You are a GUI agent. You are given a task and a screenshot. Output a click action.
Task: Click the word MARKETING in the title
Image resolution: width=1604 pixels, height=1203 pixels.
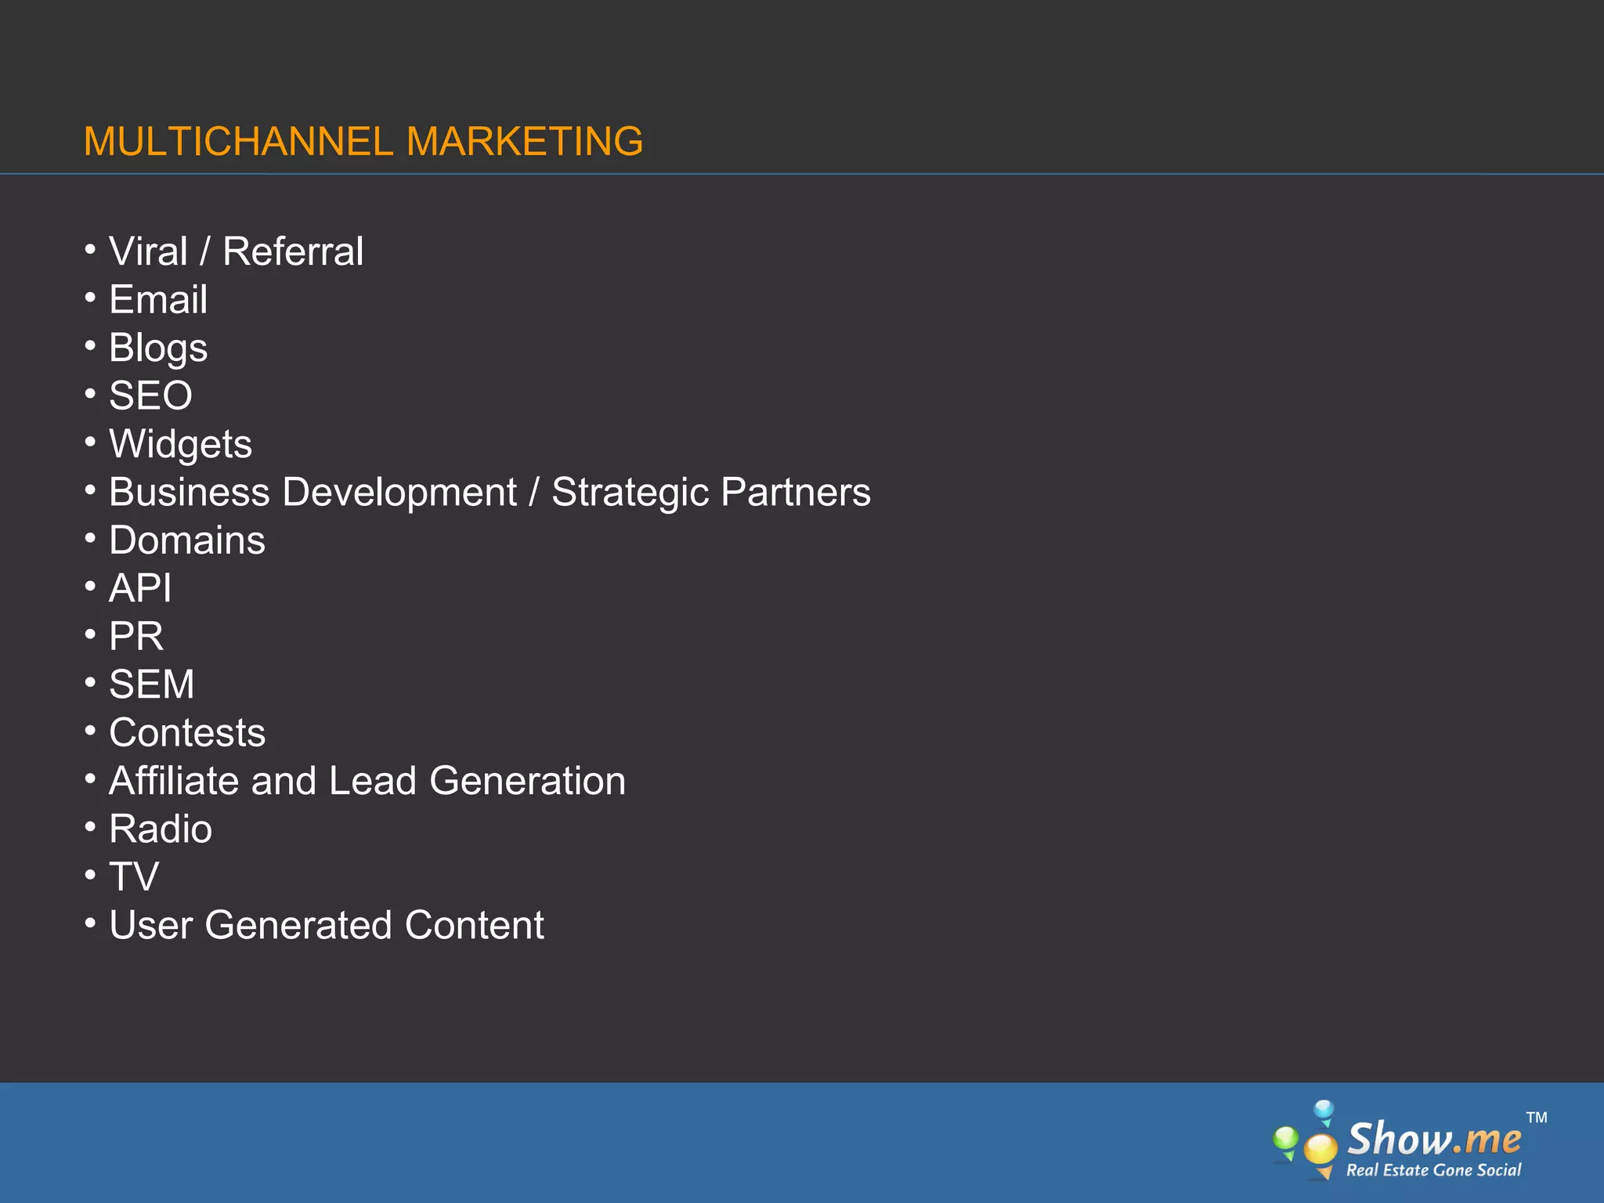(x=525, y=142)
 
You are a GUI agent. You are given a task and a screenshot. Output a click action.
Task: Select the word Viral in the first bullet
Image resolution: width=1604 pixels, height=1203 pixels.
(x=148, y=251)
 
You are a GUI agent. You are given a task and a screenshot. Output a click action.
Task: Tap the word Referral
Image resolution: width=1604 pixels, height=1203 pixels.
(x=293, y=251)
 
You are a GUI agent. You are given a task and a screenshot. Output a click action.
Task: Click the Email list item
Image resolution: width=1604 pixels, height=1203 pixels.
(x=158, y=300)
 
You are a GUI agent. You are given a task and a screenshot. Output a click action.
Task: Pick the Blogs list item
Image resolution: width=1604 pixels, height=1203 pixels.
(x=158, y=349)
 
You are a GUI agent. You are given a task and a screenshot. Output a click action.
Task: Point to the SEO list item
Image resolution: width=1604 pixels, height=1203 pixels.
(x=150, y=396)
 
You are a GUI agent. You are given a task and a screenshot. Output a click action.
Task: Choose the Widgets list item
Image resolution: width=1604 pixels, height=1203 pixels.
(x=180, y=445)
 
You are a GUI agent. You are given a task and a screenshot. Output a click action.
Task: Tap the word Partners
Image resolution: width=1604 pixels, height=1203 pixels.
(x=795, y=493)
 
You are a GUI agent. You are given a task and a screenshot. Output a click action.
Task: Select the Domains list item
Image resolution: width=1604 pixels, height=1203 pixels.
(x=187, y=540)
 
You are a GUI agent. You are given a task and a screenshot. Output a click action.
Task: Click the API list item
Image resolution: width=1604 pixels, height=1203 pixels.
(x=140, y=588)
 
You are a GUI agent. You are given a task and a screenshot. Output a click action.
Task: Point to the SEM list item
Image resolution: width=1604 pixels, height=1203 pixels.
(x=151, y=685)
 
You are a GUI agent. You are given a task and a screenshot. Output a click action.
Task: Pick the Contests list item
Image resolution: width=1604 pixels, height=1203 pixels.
(x=187, y=733)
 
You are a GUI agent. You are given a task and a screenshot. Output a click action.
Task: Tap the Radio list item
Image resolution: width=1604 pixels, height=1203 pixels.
(x=161, y=829)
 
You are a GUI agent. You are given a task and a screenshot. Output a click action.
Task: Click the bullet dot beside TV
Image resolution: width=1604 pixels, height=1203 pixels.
(x=91, y=874)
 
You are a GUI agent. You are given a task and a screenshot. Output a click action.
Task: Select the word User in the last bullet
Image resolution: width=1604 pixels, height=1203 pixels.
(x=150, y=925)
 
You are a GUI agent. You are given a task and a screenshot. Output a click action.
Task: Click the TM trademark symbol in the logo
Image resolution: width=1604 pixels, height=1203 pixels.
(x=1537, y=1118)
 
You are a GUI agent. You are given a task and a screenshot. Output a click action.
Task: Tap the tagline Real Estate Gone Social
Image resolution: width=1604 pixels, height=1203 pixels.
(x=1433, y=1170)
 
